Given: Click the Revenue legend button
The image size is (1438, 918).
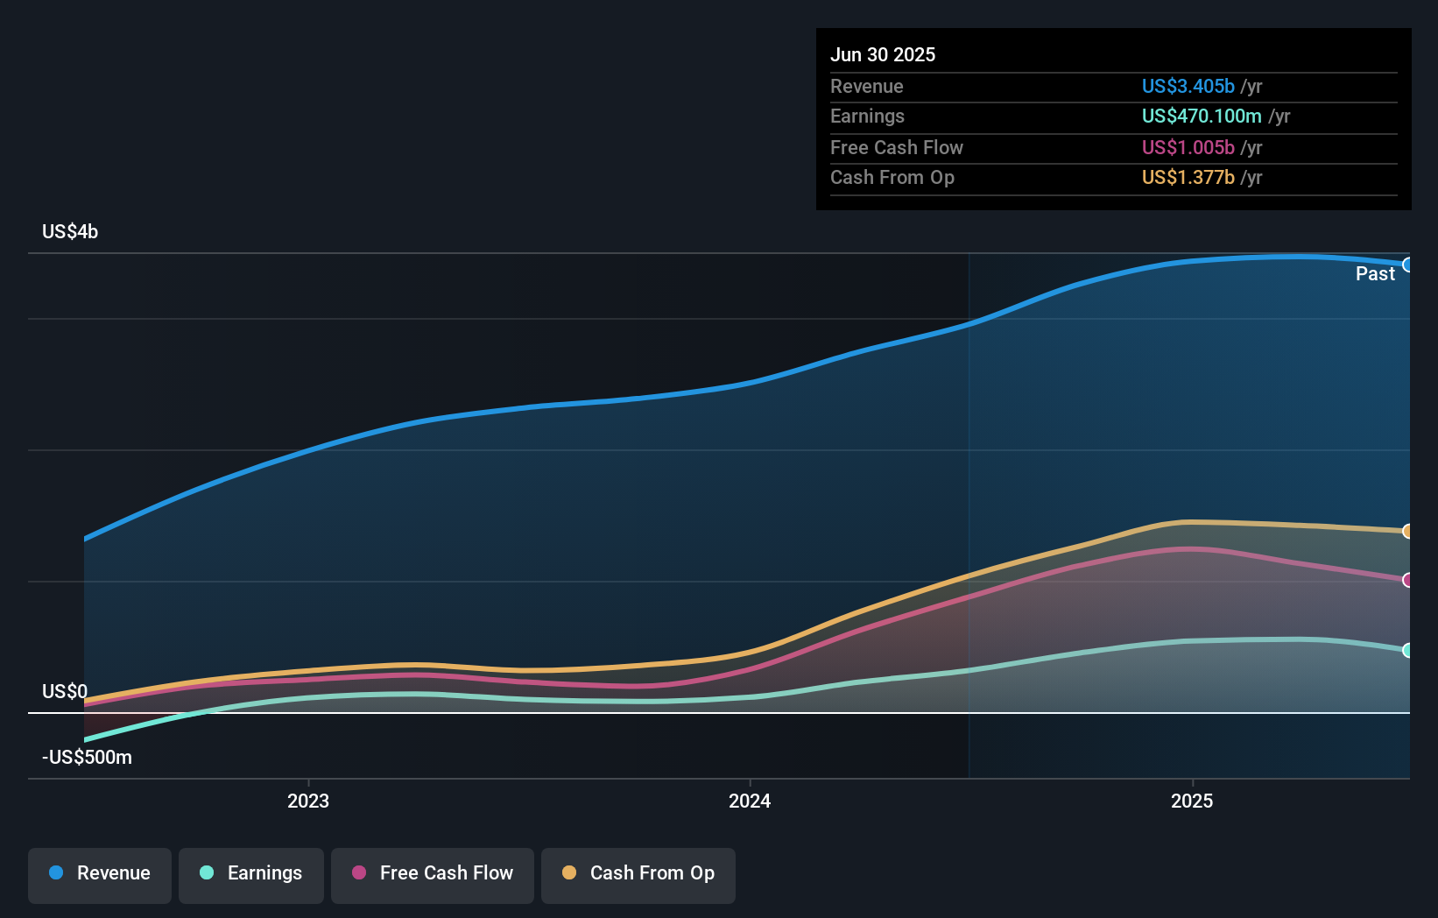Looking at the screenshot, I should (x=100, y=874).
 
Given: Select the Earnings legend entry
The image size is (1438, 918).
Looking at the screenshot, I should (x=251, y=874).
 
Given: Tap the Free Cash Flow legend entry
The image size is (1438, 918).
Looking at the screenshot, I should (x=433, y=874).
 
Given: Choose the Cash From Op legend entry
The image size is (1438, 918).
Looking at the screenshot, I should (x=638, y=874).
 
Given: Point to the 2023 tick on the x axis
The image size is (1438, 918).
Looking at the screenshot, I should (x=308, y=801).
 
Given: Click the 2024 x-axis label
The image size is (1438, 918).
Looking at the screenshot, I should (x=750, y=801).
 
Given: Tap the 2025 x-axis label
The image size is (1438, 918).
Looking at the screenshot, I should (x=1192, y=801).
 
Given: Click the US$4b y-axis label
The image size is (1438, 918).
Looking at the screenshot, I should (x=70, y=232).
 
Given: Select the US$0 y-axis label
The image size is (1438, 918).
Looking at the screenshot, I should (x=65, y=692).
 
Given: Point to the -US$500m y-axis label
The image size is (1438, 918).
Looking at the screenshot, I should (x=87, y=758).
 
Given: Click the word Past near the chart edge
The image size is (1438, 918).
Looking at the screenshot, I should (x=1375, y=274).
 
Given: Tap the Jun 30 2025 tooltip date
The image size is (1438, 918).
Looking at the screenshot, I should (x=883, y=55).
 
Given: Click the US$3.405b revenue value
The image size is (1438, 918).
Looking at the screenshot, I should (x=1188, y=87).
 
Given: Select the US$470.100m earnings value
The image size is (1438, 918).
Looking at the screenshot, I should (x=1201, y=117).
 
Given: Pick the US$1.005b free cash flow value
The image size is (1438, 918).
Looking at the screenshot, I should (x=1188, y=148).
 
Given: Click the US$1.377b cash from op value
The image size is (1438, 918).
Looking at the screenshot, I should (x=1188, y=178).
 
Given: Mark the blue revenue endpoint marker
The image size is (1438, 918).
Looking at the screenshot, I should (x=1407, y=265).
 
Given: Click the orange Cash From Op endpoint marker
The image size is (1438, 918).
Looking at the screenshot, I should (x=1407, y=532).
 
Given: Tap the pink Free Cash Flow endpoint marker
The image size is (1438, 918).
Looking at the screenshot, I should (x=1407, y=580).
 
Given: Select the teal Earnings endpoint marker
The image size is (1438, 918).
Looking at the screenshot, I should (x=1407, y=650).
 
